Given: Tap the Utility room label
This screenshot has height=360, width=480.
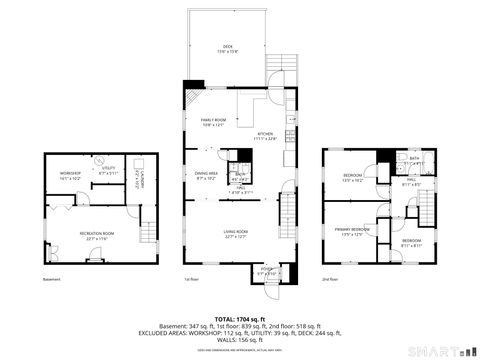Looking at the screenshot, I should (108, 171).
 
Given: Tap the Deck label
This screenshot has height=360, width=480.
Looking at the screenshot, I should (227, 50).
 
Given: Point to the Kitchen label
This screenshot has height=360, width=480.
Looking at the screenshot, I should (265, 137).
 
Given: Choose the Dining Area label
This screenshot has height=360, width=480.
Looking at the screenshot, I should (207, 176).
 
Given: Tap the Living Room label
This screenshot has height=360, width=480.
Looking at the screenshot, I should (236, 235).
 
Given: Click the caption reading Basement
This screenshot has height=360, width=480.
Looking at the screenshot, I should (52, 279).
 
